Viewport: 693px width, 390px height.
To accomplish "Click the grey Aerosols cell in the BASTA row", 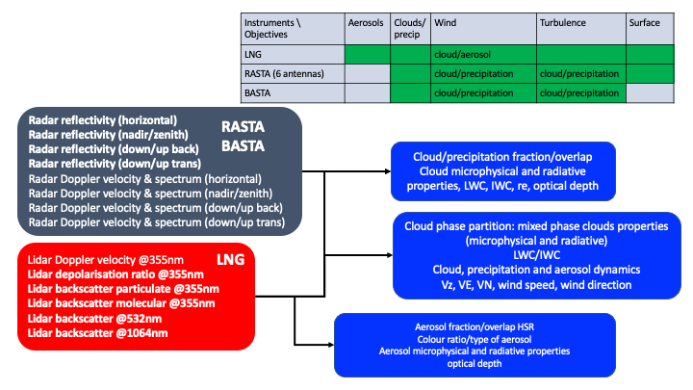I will (367, 93).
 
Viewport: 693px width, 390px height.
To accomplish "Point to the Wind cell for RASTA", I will (482, 73).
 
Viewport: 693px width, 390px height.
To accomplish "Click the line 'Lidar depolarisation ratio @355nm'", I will (109, 274).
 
